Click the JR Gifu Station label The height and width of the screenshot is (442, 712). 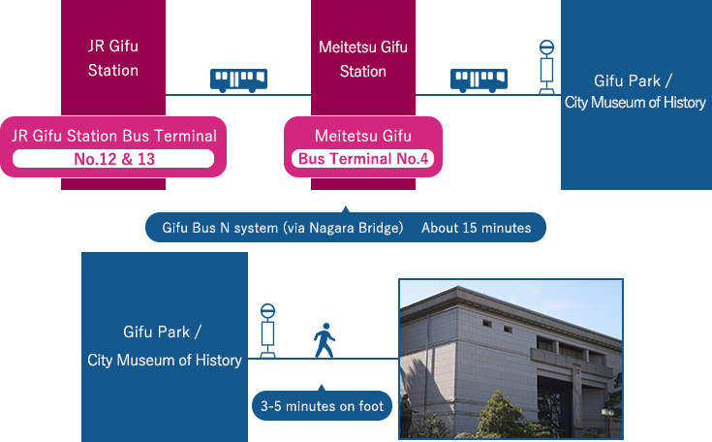coord(113,58)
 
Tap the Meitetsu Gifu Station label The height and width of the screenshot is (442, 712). coord(363,59)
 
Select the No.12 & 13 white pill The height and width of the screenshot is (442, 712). coord(113,159)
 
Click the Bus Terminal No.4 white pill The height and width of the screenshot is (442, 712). coord(363,159)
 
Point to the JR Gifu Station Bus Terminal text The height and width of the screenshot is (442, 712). coord(114,136)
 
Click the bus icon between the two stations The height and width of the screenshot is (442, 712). coord(238,80)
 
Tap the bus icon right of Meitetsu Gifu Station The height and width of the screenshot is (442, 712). coord(479,80)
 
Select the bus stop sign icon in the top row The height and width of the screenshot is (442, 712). coord(546,67)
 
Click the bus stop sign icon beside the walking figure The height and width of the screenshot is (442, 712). coord(268,331)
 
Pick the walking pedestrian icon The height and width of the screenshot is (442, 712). coord(325,340)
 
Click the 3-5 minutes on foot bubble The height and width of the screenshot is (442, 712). coord(322,406)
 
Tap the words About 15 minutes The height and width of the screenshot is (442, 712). coord(476,228)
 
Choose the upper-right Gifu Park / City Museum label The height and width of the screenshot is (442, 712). coord(635,91)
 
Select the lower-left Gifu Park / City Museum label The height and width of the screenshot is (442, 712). coord(164,346)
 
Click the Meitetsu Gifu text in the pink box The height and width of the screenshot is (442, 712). coord(363,136)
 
